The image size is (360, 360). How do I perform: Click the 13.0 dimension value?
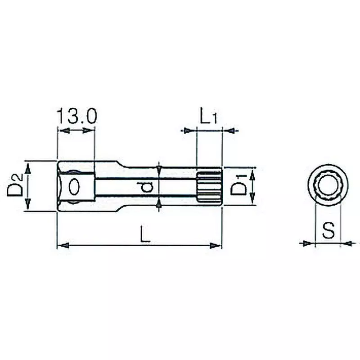pyautogui.click(x=76, y=116)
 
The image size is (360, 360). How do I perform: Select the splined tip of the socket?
pyautogui.click(x=210, y=186)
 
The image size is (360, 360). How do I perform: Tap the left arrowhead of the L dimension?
pyautogui.click(x=63, y=246)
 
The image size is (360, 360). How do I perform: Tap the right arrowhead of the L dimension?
pyautogui.click(x=217, y=246)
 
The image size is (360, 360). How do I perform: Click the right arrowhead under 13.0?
pyautogui.click(x=89, y=130)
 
